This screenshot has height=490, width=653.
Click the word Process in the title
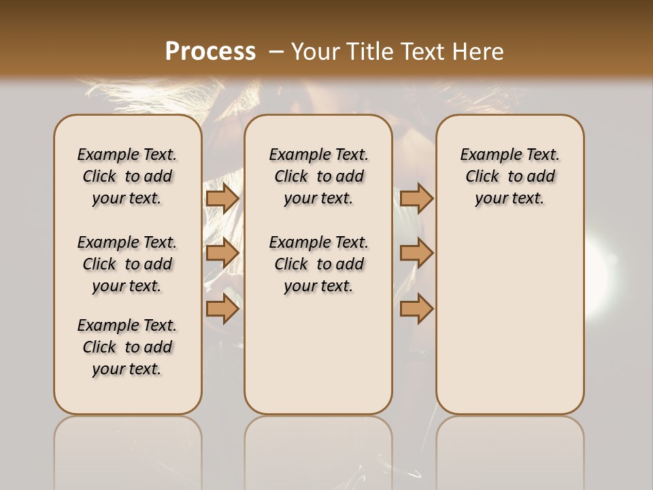[x=210, y=52]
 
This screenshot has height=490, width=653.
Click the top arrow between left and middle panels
[x=222, y=198]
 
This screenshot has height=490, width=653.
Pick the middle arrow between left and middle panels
[x=222, y=253]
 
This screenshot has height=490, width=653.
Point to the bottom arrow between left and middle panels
[x=222, y=308]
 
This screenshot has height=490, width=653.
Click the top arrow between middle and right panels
[x=416, y=198]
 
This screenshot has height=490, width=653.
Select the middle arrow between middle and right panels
[x=416, y=253]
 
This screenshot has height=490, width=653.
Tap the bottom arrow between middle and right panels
[x=416, y=308]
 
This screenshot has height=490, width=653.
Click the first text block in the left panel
[x=127, y=176]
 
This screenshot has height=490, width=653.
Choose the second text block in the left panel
[x=127, y=264]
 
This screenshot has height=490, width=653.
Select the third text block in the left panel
[x=127, y=347]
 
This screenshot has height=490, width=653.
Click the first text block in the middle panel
[x=318, y=176]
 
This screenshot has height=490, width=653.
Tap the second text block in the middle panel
[x=318, y=264]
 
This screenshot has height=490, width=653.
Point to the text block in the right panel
[x=509, y=176]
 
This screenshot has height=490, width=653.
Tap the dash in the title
[x=276, y=52]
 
